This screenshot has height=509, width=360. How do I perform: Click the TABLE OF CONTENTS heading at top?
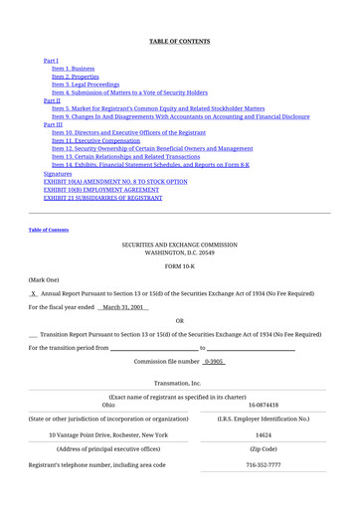179,41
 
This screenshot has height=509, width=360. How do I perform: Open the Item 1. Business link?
74,69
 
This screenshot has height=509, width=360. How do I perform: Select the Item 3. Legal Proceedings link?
86,85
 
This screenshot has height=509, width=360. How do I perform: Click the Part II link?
52,100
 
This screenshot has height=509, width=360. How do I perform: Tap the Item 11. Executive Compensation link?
96,140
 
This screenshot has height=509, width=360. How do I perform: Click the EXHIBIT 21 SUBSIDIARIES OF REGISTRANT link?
102,198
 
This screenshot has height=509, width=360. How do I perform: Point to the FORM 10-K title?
179,266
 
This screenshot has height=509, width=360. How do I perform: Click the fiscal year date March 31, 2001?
124,307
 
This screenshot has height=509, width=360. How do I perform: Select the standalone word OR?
179,321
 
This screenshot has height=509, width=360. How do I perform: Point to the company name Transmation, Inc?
179,383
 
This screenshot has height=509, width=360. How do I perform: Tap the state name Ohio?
108,405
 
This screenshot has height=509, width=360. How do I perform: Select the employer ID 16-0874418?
264,405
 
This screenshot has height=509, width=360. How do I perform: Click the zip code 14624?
264,434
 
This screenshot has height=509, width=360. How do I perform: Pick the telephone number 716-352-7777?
264,464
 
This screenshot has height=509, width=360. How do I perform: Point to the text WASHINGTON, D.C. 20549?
179,253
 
